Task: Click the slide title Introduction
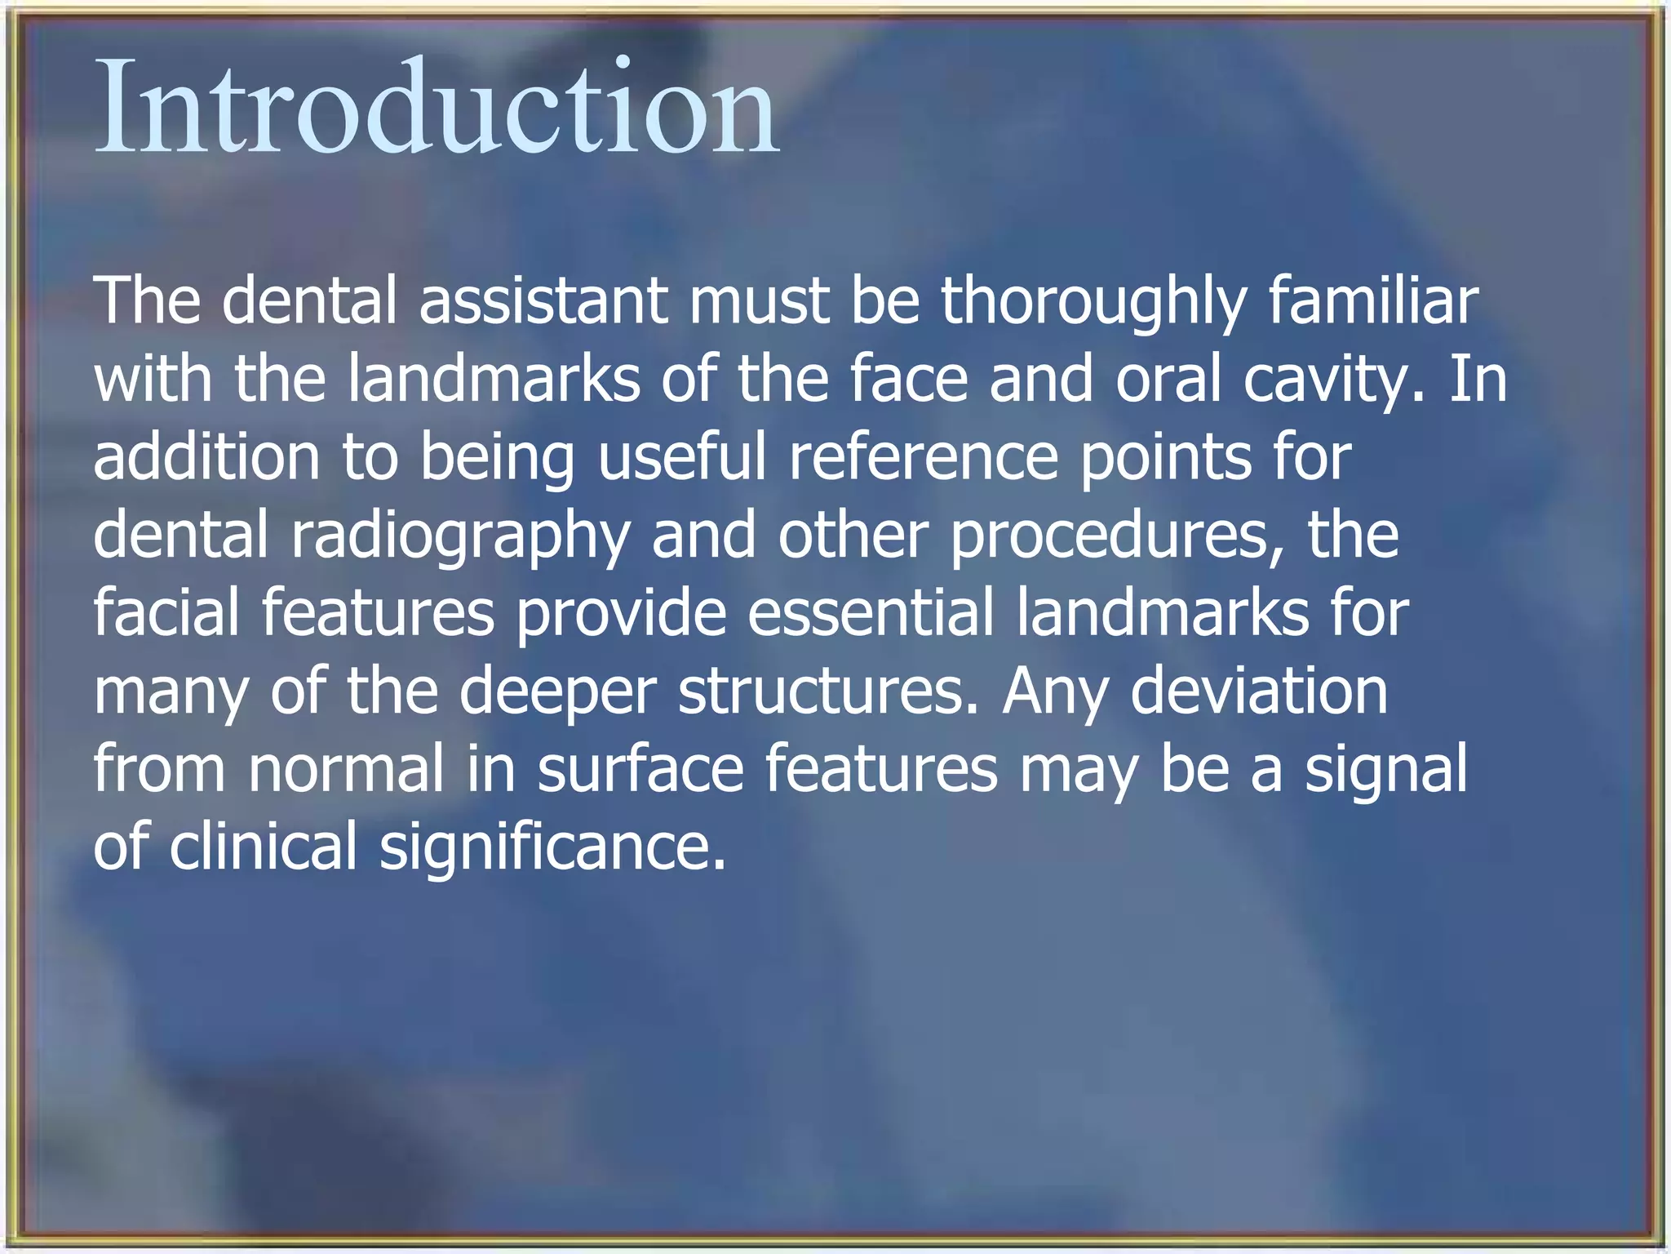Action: tap(437, 106)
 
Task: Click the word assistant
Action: tap(543, 300)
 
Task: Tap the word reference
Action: tap(924, 456)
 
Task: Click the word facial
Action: tap(166, 612)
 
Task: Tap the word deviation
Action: tap(1259, 691)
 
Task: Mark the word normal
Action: tap(346, 769)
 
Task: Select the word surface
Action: tap(640, 769)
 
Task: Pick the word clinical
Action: tap(263, 847)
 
